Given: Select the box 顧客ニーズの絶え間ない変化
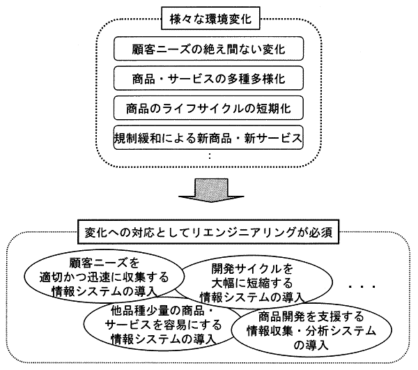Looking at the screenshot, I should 209,50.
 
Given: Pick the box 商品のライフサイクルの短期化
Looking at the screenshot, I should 209,108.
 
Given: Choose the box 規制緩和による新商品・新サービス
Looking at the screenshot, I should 209,137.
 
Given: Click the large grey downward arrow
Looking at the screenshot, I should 209,194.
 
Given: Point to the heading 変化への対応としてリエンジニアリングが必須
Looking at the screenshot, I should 210,231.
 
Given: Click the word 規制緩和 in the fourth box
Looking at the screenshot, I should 137,137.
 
